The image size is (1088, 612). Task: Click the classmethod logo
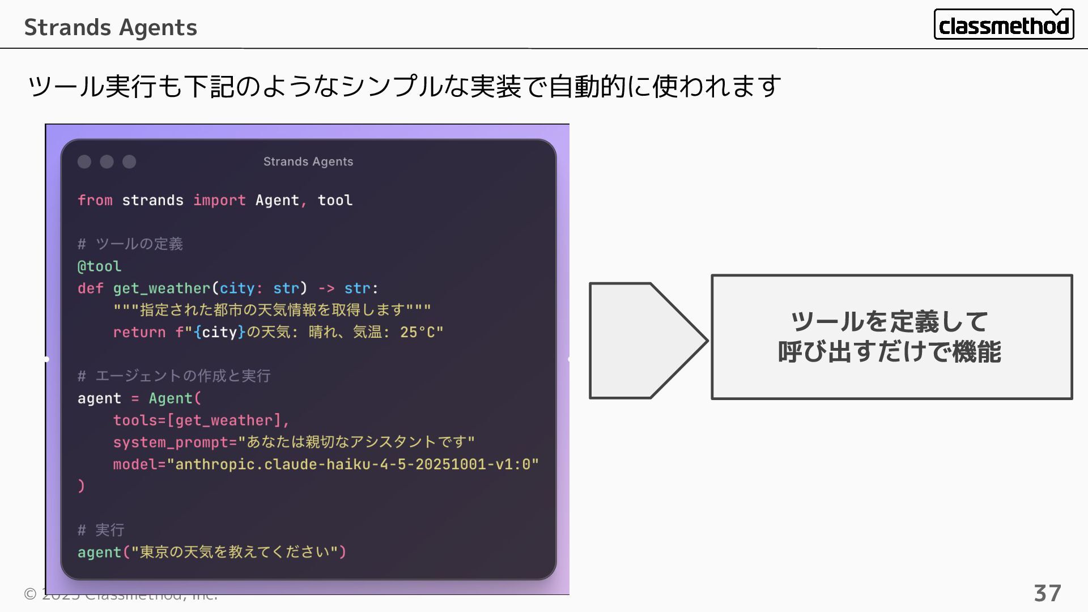pos(1004,25)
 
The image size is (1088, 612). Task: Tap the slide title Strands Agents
pos(110,27)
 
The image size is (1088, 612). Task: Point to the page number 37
pos(1047,593)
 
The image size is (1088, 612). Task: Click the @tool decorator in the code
pos(99,266)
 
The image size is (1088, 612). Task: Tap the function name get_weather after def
pos(161,288)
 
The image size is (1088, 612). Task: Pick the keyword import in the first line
pos(219,201)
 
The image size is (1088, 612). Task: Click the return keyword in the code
pos(139,333)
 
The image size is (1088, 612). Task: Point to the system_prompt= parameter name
pos(175,443)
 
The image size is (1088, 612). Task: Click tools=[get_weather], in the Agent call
pos(201,420)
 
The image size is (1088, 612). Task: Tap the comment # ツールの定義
pos(130,244)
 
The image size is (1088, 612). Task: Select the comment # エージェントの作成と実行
pos(174,376)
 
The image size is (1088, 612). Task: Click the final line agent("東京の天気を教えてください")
pos(211,552)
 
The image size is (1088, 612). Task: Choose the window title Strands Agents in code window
pos(308,162)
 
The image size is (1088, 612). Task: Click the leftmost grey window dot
pos(84,162)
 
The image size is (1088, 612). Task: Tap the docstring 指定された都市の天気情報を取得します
pos(272,311)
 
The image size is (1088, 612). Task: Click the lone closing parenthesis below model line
pos(81,486)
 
